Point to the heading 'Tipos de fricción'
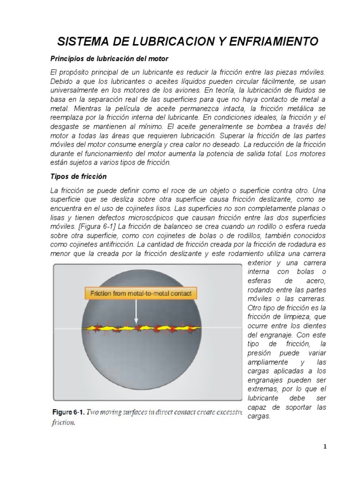click(78, 177)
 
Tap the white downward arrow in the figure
click(136, 312)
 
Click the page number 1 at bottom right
click(325, 446)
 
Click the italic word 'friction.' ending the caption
click(63, 422)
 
